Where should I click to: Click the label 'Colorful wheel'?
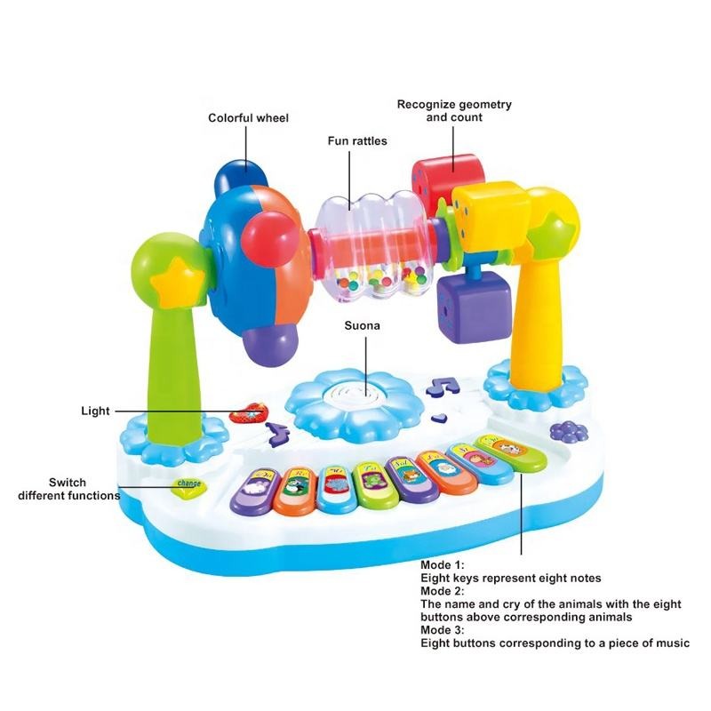[248, 117]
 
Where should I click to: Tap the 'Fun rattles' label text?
[356, 140]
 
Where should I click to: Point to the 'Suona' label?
[363, 325]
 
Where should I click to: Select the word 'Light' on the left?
[95, 411]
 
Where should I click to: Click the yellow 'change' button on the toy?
[188, 484]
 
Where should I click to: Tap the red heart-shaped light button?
[250, 411]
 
